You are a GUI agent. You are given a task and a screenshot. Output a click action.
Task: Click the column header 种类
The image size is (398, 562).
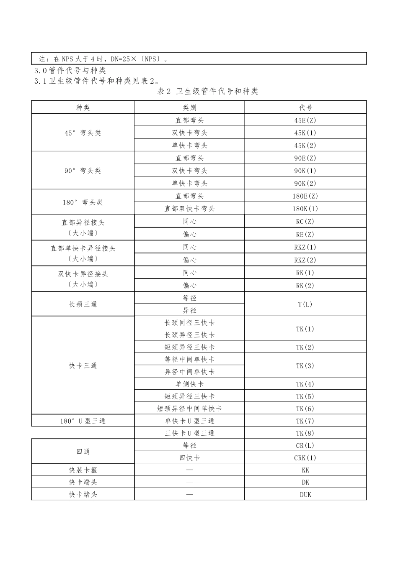click(x=83, y=107)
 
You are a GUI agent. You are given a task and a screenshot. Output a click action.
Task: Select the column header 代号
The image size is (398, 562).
click(x=305, y=107)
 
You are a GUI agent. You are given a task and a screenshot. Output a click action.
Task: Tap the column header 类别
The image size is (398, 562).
click(x=189, y=107)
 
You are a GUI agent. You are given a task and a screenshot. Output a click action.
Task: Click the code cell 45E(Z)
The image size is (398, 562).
click(x=305, y=120)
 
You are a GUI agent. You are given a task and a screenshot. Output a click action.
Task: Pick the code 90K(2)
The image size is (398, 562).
click(x=305, y=183)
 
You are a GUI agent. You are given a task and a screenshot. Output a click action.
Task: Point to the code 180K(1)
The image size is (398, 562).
click(x=305, y=209)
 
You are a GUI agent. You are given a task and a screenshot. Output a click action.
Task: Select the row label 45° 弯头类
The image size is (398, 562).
click(x=83, y=133)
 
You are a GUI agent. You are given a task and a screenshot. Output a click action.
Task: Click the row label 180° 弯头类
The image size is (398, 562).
click(x=83, y=202)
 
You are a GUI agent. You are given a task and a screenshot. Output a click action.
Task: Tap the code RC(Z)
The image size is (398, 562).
click(x=305, y=222)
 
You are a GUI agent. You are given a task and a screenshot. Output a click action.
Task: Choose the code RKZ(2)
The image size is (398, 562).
click(x=305, y=260)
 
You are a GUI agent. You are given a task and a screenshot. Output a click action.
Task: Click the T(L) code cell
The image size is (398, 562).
click(x=305, y=304)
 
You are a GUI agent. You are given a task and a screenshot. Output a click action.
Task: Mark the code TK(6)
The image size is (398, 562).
click(x=305, y=409)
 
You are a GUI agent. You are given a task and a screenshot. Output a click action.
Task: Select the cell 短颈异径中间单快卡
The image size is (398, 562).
click(x=189, y=409)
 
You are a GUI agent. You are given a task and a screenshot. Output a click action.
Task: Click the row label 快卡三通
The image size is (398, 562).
click(x=83, y=365)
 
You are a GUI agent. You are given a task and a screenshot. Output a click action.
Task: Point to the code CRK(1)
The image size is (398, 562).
click(x=305, y=458)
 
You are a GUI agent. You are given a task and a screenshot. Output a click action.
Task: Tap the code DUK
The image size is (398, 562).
click(x=305, y=494)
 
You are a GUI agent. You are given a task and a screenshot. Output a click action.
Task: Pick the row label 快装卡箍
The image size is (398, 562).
click(x=83, y=470)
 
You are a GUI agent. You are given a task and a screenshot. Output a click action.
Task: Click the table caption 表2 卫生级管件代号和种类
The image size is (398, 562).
click(x=208, y=91)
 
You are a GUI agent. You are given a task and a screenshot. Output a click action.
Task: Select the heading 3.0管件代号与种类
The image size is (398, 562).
click(x=70, y=71)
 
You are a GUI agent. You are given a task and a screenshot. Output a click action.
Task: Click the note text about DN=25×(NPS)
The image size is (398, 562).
click(x=105, y=59)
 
